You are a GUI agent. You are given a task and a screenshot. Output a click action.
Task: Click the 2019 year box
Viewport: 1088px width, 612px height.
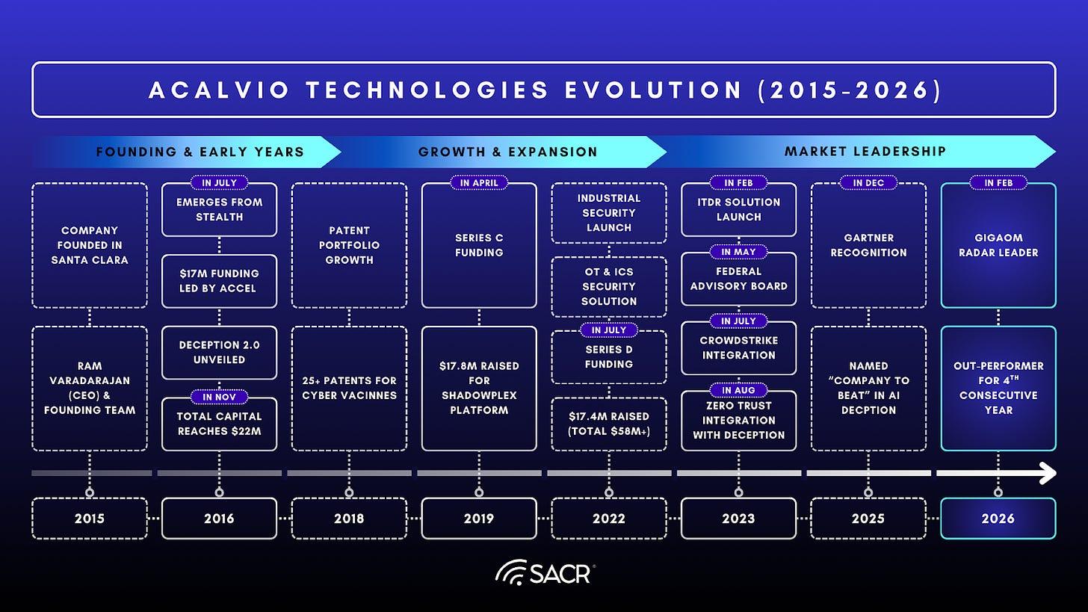(x=479, y=518)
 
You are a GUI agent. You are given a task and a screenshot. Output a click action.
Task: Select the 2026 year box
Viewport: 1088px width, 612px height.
(x=998, y=518)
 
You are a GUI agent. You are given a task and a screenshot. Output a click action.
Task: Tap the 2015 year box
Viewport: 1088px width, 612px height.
(x=90, y=518)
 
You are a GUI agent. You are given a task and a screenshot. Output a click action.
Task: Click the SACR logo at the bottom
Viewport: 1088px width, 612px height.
(x=543, y=573)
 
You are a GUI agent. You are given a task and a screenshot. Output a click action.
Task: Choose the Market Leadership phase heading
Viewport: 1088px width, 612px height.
(x=865, y=152)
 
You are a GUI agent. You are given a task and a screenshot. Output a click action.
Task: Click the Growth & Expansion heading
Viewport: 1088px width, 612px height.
(x=507, y=152)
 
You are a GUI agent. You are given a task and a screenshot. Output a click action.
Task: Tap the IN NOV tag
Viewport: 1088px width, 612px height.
(x=219, y=397)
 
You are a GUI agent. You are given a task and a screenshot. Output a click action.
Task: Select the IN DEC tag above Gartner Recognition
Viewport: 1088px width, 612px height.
(x=868, y=182)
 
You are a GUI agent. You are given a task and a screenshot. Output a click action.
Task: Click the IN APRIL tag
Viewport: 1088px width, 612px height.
(x=479, y=182)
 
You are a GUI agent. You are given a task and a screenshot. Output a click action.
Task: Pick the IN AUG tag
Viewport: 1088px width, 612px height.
(x=738, y=390)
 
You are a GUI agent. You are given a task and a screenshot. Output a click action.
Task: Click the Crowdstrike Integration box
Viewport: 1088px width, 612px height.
(x=738, y=349)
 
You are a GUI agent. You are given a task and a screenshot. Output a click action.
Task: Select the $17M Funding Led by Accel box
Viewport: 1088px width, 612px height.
(x=219, y=282)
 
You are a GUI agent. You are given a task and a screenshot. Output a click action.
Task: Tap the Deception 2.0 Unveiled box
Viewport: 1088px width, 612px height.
(x=219, y=353)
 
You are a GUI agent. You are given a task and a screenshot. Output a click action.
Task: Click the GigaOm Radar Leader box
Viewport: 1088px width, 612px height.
(x=998, y=246)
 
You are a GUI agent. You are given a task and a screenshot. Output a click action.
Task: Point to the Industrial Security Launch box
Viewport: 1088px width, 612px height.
(x=608, y=213)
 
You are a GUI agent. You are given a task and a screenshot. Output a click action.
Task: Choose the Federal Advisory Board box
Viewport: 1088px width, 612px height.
(x=738, y=279)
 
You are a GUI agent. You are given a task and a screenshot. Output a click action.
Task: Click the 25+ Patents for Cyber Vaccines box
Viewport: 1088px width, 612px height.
(x=349, y=388)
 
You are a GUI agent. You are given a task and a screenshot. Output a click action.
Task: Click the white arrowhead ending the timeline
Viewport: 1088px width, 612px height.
(x=1048, y=473)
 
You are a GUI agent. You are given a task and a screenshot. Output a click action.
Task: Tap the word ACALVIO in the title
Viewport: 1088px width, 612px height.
(x=213, y=90)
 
